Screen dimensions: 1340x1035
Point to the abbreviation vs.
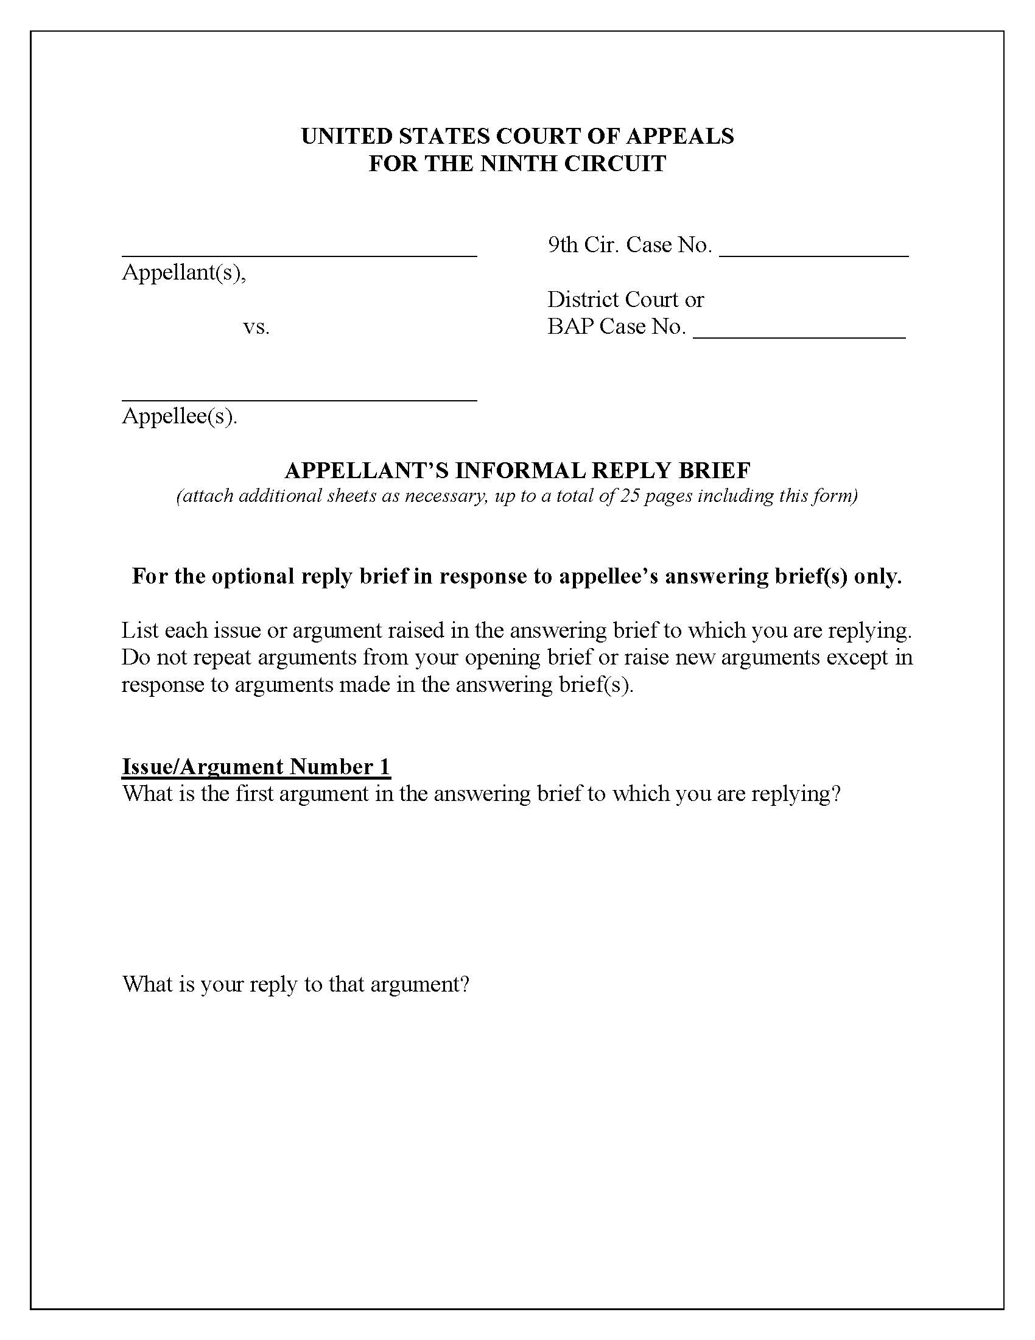(256, 327)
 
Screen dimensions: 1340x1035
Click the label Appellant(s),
(184, 272)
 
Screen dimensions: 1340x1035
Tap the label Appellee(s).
(180, 417)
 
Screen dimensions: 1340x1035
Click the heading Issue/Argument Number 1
(256, 767)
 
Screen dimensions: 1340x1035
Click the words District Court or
(625, 300)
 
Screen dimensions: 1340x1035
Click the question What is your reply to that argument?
(295, 984)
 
